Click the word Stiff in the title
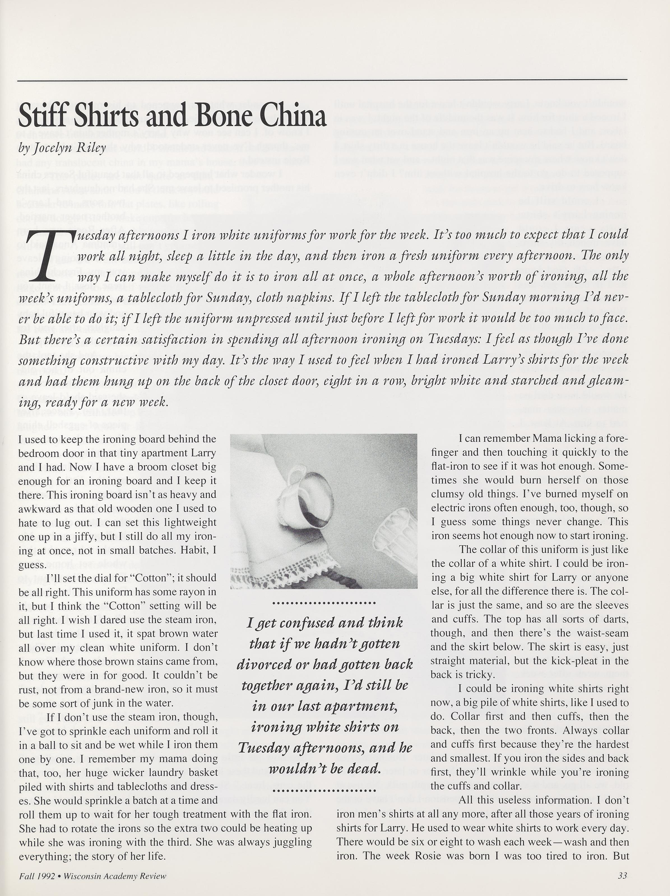click(42, 117)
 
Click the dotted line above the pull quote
click(324, 603)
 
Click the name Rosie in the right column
click(427, 856)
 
